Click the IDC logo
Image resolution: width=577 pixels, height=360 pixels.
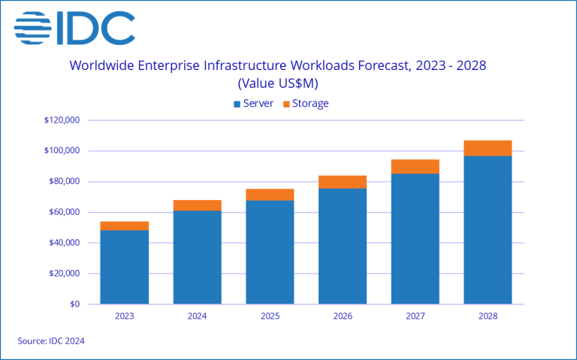pyautogui.click(x=74, y=28)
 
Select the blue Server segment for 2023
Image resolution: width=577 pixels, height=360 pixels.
pyautogui.click(x=124, y=267)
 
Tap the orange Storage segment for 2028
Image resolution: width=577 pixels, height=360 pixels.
pyautogui.click(x=488, y=148)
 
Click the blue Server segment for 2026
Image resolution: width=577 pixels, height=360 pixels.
pyautogui.click(x=343, y=246)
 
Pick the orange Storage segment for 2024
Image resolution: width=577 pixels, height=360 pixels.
pyautogui.click(x=197, y=205)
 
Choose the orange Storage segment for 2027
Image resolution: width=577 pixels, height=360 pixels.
pyautogui.click(x=415, y=167)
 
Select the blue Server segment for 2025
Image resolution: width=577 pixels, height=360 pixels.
pyautogui.click(x=270, y=252)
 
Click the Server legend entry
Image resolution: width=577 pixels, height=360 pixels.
pyautogui.click(x=253, y=103)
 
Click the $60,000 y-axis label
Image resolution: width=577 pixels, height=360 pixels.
pyautogui.click(x=64, y=212)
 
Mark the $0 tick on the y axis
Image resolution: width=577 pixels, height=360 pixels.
pyautogui.click(x=73, y=304)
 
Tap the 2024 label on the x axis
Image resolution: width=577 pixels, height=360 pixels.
pyautogui.click(x=197, y=316)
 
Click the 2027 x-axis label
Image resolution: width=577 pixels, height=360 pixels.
pyautogui.click(x=415, y=316)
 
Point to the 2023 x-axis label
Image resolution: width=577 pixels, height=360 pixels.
pyautogui.click(x=124, y=316)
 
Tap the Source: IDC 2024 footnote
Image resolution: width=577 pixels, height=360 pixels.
pyautogui.click(x=51, y=341)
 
